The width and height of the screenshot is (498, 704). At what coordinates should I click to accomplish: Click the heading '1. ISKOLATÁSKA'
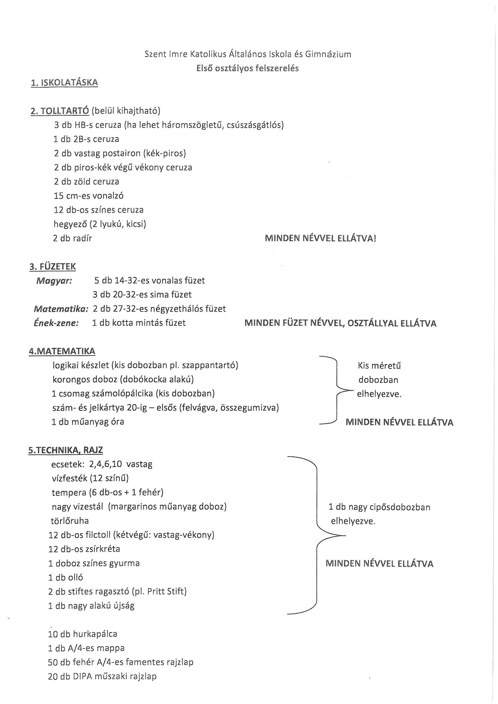pos(64,83)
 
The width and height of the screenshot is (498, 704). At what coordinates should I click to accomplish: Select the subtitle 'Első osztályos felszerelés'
pos(247,68)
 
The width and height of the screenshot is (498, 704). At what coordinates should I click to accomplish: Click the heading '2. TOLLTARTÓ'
pos(60,111)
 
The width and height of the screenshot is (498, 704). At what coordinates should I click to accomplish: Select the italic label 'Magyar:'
pos(54,281)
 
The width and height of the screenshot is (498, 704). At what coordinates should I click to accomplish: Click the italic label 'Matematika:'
pos(61,309)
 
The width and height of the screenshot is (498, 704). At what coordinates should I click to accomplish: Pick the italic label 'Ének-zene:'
pos(56,323)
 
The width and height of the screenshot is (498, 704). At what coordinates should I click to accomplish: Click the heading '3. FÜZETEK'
pos(52,266)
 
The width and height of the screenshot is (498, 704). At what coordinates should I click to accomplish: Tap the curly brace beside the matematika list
pos(337,390)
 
